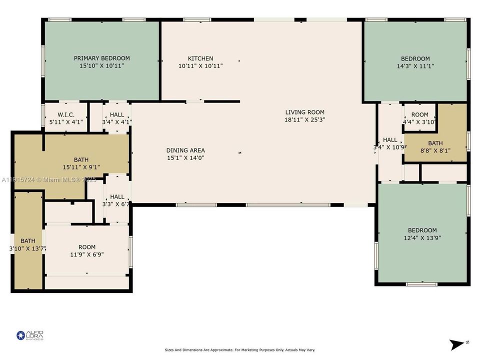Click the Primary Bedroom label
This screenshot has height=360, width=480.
(102, 58)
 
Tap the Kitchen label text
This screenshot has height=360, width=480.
(200, 58)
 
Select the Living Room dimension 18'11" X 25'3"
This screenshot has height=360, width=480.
(304, 119)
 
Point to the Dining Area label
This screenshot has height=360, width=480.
(185, 150)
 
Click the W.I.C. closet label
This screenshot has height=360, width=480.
(66, 114)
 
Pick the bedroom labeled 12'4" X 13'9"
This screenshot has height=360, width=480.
(422, 234)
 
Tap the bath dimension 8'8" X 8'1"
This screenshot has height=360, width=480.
(435, 150)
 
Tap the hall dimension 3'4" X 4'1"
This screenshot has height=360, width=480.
(117, 121)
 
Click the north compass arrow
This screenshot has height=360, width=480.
(457, 344)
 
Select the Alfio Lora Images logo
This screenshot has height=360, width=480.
(30, 335)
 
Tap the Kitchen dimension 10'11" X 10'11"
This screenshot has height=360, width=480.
(200, 65)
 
